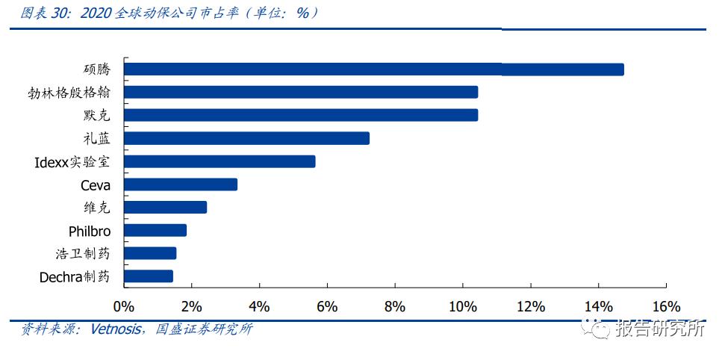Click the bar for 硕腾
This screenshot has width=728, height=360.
(x=373, y=69)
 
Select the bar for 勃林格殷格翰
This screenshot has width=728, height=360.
(x=301, y=93)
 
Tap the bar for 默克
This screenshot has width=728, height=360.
(x=301, y=115)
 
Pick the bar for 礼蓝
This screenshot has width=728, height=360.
(x=246, y=138)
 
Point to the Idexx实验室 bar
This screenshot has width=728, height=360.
(x=220, y=161)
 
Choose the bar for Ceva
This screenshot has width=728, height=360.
(x=181, y=184)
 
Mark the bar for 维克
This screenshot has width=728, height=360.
(x=165, y=208)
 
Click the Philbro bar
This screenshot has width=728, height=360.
(x=155, y=230)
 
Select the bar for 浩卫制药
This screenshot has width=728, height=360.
(x=150, y=253)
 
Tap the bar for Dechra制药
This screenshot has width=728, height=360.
(x=149, y=276)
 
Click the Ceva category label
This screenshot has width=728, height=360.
(x=96, y=185)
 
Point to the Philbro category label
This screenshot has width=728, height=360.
(x=90, y=231)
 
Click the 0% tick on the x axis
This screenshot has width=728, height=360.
(x=123, y=306)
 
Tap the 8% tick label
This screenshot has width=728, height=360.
(x=394, y=306)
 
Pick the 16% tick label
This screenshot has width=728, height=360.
(x=665, y=306)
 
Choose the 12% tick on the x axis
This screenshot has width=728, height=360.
(x=530, y=306)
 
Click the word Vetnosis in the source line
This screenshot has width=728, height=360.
(x=115, y=329)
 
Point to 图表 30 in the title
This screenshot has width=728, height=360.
(x=44, y=13)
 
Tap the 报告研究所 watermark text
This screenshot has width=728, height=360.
(x=660, y=329)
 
